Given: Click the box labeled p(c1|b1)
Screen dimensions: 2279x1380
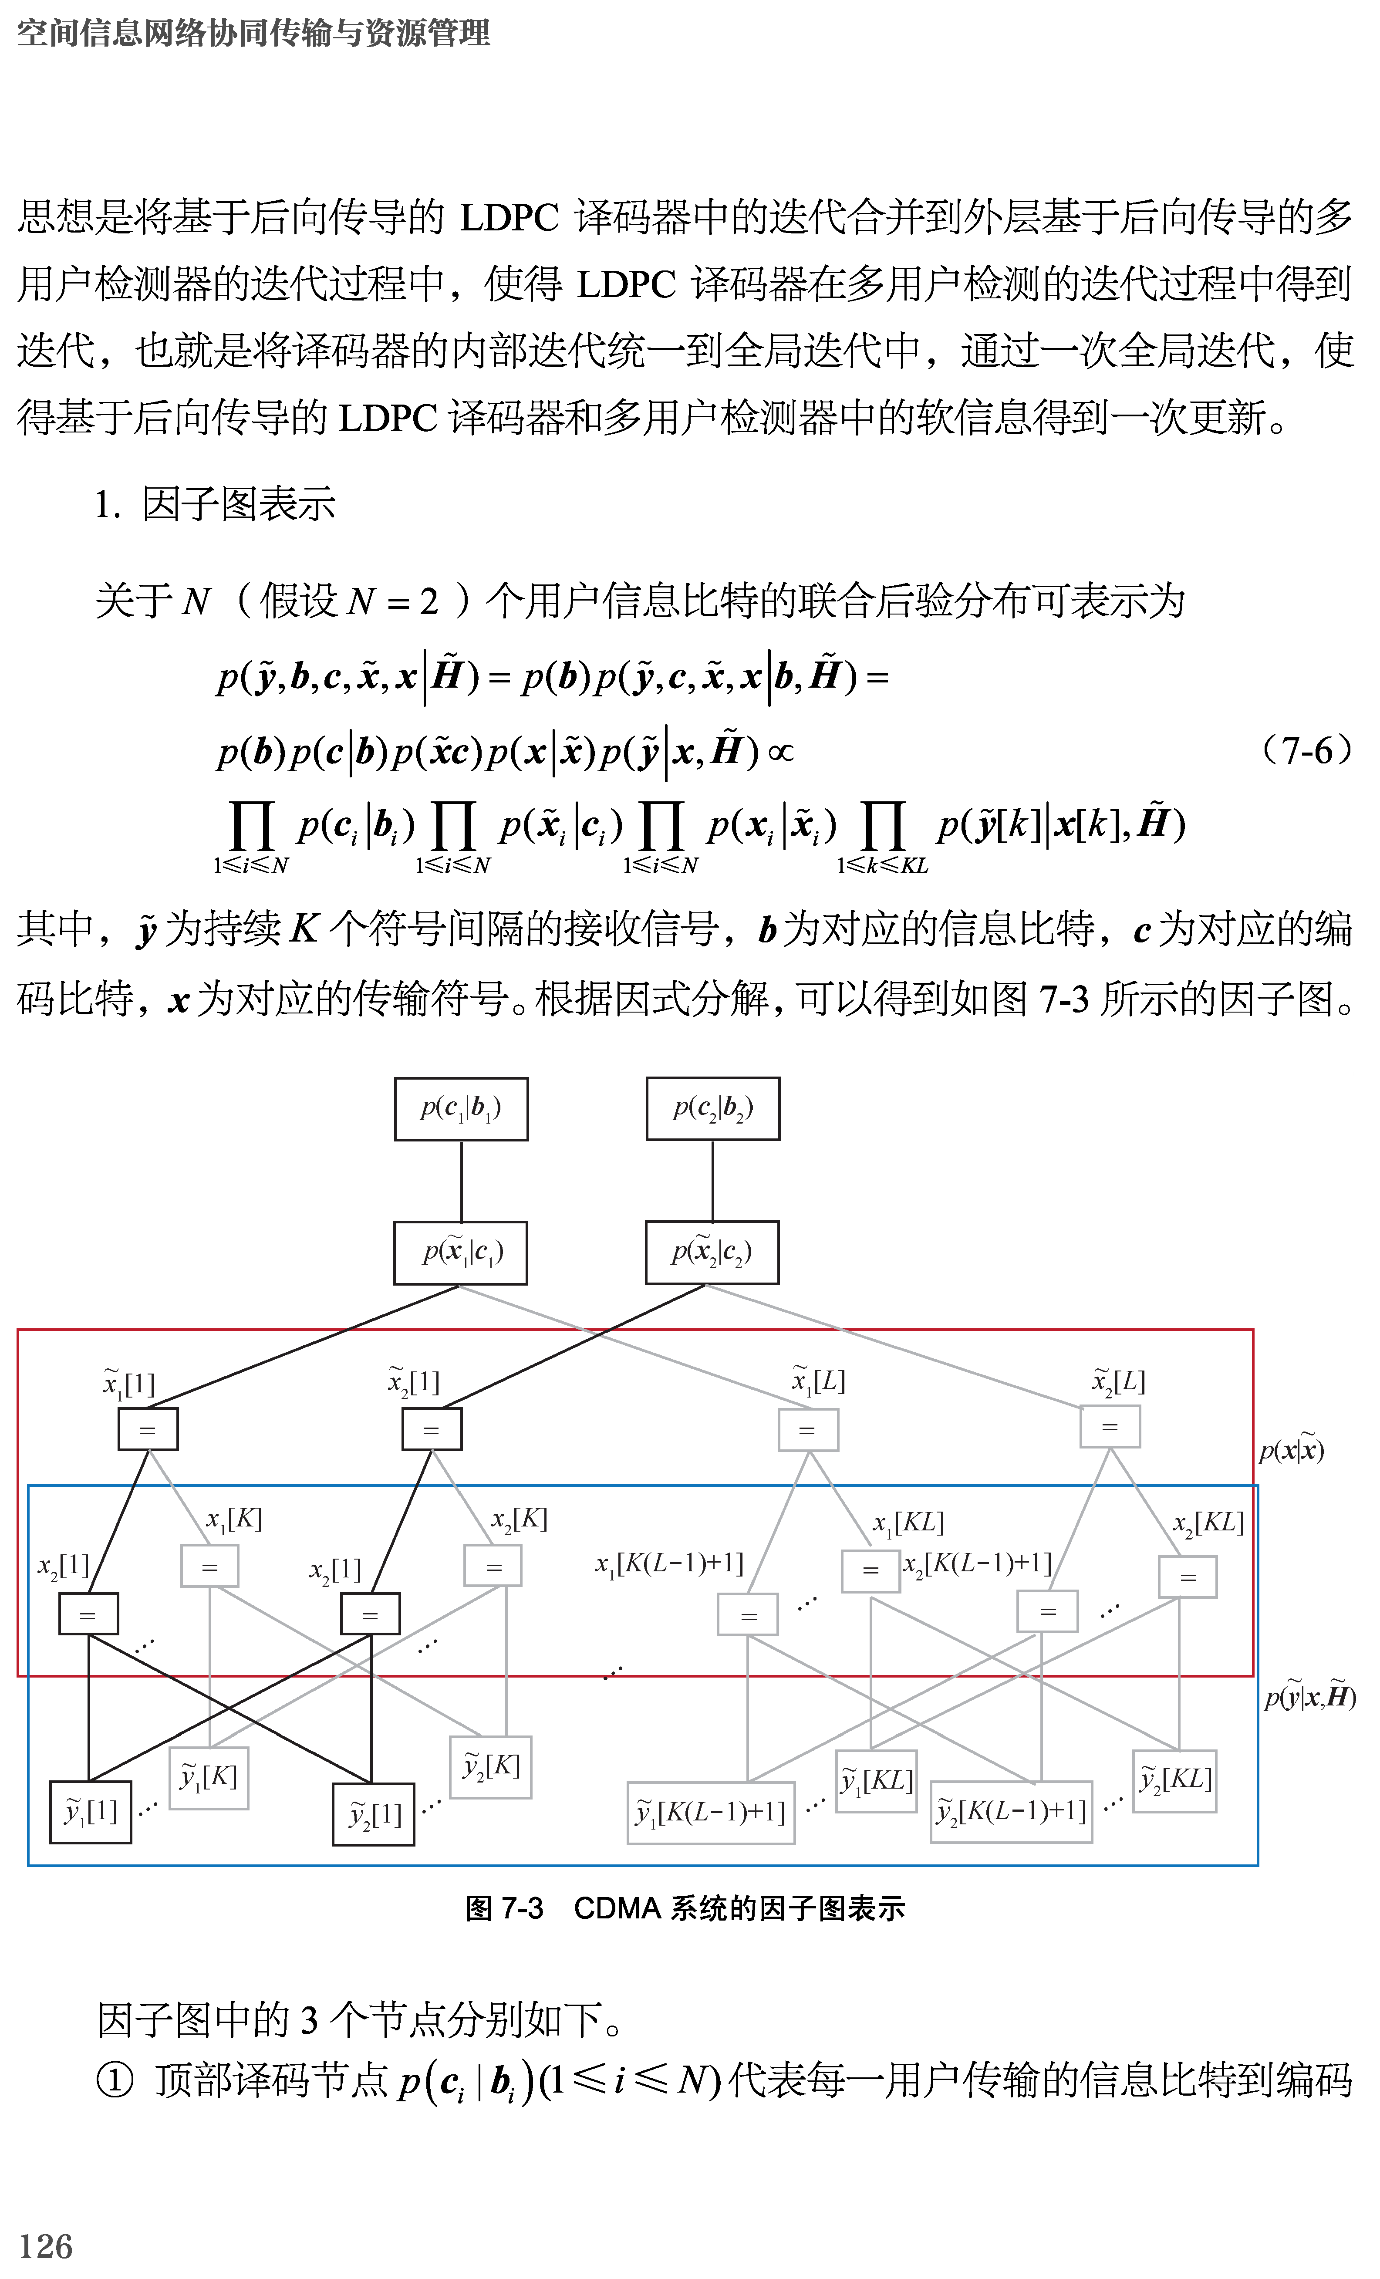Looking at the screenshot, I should (461, 1108).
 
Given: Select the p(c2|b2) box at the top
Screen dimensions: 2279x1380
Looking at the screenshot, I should (712, 1108).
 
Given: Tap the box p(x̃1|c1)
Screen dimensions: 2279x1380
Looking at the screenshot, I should (461, 1253).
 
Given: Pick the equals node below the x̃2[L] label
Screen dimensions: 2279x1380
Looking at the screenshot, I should (1110, 1426).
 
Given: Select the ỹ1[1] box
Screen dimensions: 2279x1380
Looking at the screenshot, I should (91, 1811).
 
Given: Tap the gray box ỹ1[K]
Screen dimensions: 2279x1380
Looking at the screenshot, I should (209, 1776).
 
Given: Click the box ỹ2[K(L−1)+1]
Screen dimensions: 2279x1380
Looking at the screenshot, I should (1011, 1811).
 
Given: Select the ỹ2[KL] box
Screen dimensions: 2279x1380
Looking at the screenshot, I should (1174, 1779).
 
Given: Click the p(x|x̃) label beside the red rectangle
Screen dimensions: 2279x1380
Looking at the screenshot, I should (1291, 1450).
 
